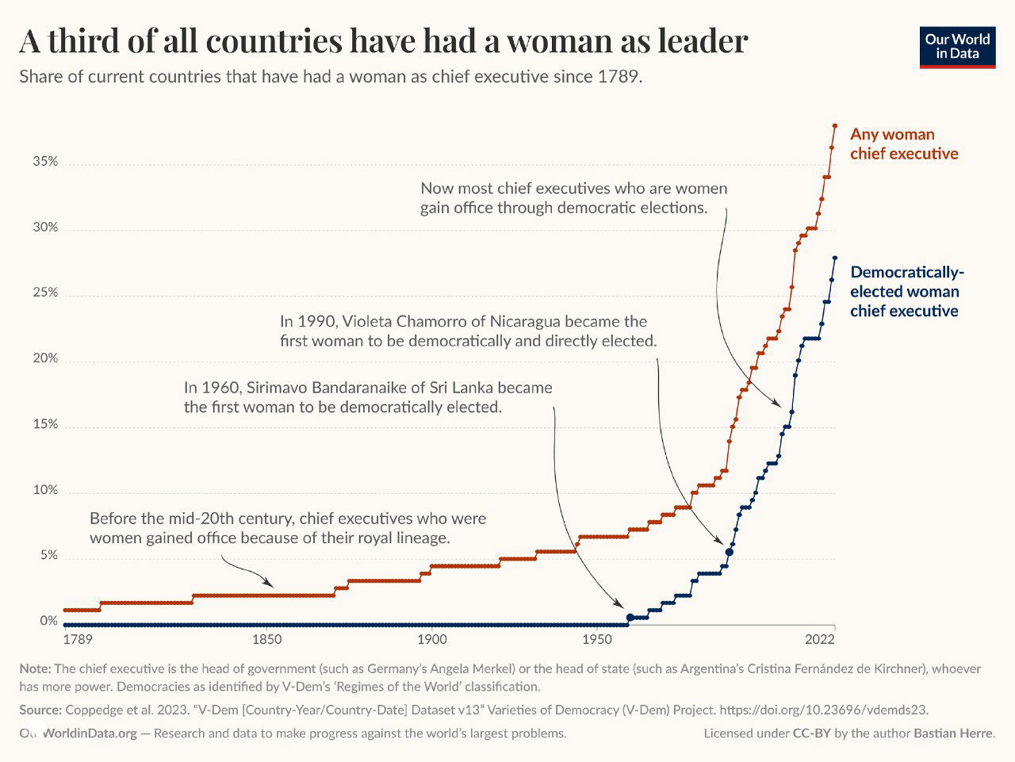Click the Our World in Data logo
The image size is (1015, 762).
[957, 47]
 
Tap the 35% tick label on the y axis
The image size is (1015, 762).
[45, 162]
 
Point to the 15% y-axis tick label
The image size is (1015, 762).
[45, 424]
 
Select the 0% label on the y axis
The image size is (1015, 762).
[49, 621]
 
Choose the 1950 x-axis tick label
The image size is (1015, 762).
[596, 640]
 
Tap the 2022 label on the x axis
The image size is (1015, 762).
[820, 640]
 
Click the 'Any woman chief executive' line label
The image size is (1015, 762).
[904, 144]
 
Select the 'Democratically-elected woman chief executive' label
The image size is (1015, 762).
[906, 291]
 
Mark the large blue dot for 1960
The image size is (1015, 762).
[630, 617]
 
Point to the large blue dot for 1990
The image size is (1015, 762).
[729, 552]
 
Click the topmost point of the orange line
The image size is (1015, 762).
[835, 125]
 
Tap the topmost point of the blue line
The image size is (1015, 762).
[835, 258]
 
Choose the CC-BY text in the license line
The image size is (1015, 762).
[811, 733]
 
